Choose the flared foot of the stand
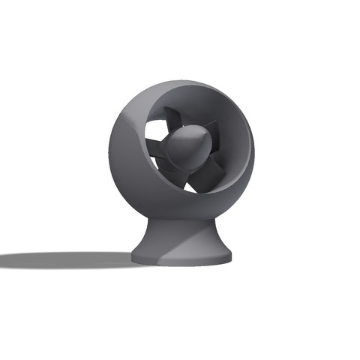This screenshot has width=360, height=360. tap(180, 251)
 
